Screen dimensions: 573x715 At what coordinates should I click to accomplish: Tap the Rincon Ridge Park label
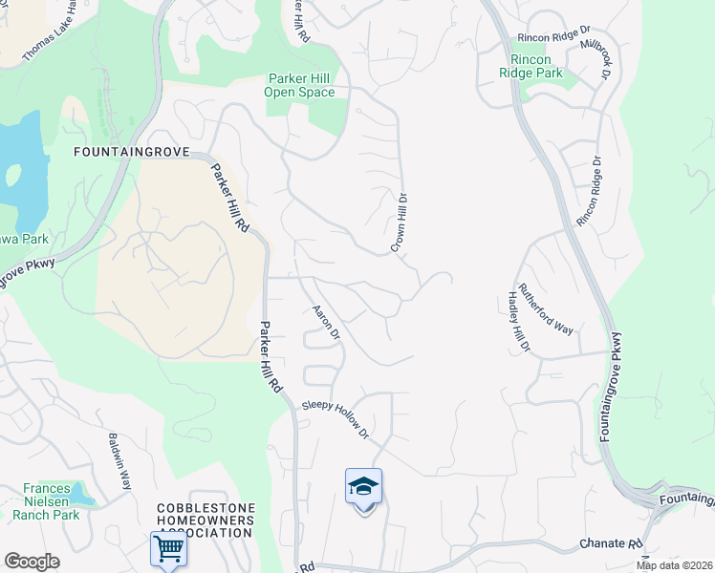coord(530,65)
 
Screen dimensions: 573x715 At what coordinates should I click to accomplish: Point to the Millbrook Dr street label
coord(604,59)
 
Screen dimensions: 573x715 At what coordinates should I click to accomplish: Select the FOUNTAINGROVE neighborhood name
coord(131,152)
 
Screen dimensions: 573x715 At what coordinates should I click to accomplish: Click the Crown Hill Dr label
coord(399,223)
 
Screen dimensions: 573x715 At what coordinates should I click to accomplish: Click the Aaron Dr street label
coord(327,322)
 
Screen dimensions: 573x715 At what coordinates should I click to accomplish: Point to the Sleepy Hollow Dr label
coord(336,419)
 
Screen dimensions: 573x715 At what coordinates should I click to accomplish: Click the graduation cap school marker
coord(363,488)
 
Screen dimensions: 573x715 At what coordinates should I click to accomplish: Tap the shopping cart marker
coord(168,549)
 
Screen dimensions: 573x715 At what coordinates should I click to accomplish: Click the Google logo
coord(32,562)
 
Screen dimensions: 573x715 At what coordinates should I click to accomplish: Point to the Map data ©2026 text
coord(673,565)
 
